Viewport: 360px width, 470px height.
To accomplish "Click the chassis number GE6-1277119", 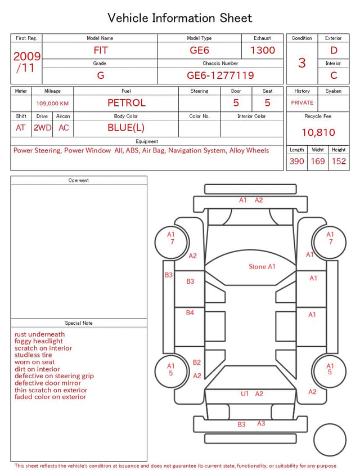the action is point(220,75).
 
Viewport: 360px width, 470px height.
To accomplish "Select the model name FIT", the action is point(101,50).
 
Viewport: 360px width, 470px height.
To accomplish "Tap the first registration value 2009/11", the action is point(26,62).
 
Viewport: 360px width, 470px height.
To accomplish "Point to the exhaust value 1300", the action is point(263,50).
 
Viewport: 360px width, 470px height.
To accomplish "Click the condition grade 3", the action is point(302,63).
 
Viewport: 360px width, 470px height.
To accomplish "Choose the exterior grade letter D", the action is point(334,50).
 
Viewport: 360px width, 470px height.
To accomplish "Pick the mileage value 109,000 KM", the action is point(52,104).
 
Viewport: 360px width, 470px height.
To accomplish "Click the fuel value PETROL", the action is point(127,103).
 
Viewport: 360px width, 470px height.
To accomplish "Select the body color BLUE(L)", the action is point(126,128).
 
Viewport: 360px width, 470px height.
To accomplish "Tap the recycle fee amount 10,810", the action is point(318,132).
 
